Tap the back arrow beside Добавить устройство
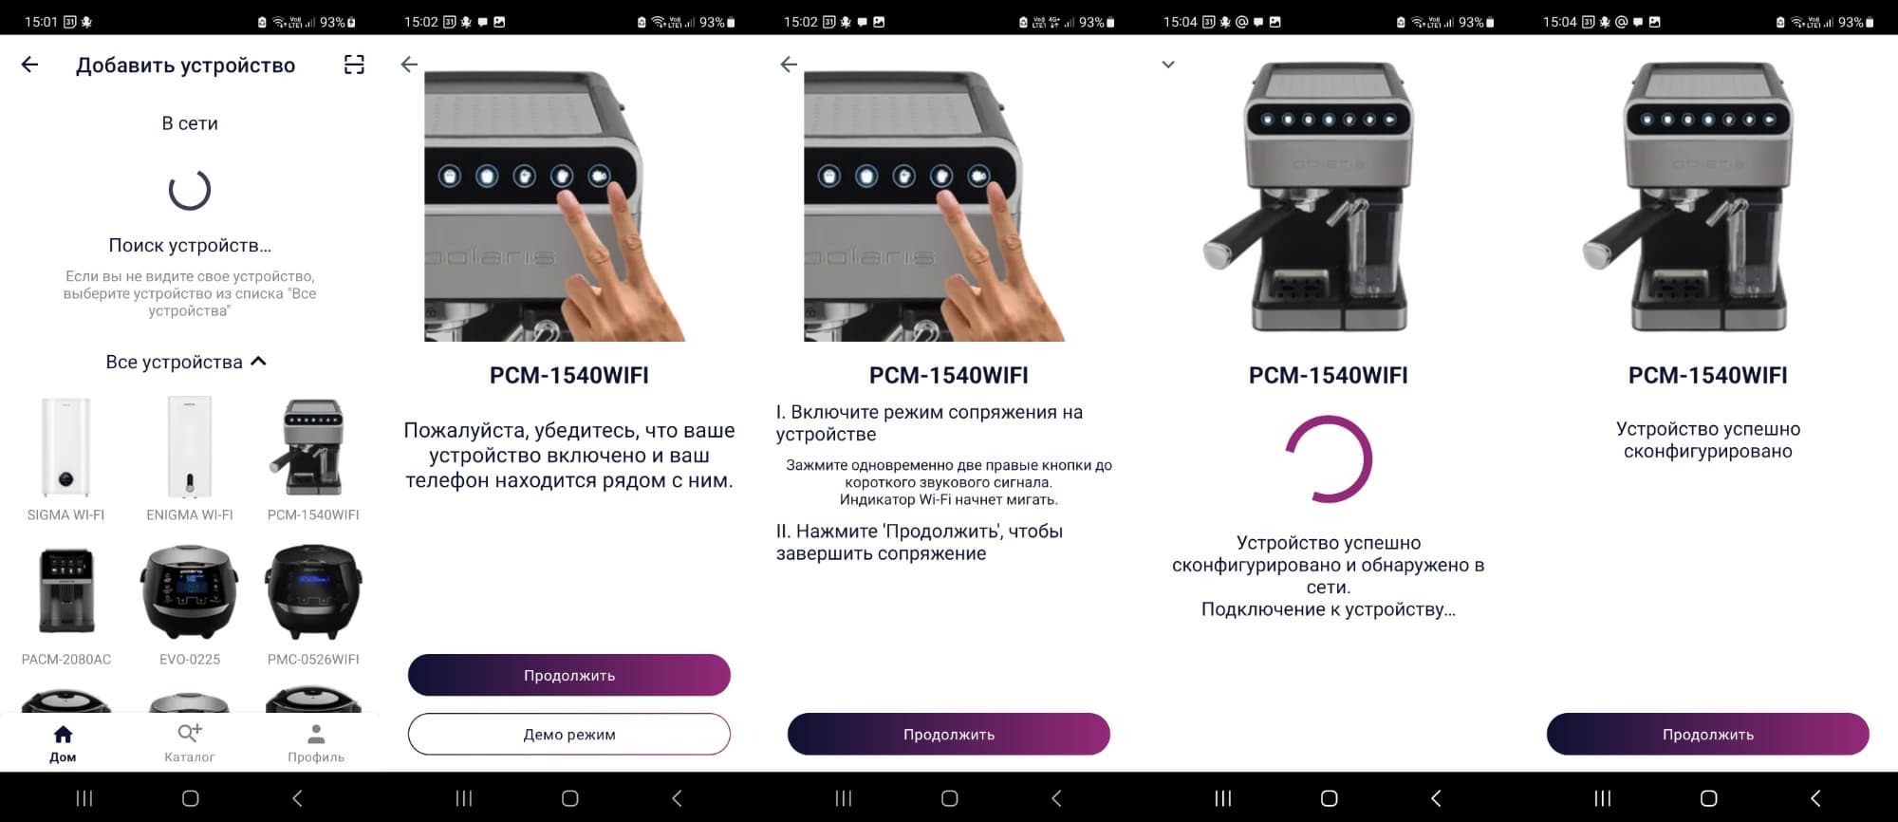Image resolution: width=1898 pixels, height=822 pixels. point(30,65)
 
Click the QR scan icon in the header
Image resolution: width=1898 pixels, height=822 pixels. point(354,65)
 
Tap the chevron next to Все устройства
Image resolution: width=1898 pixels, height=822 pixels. point(258,362)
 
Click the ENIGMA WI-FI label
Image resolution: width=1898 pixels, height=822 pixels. point(190,515)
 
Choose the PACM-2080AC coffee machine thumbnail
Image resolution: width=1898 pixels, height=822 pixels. point(66,590)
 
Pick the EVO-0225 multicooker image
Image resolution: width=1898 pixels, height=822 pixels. point(190,591)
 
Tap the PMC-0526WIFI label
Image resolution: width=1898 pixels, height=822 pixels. point(313,660)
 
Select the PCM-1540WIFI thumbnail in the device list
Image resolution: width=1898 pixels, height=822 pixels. point(313,447)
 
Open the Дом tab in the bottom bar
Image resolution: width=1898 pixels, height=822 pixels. point(63,743)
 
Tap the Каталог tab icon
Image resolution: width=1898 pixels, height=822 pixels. point(190,733)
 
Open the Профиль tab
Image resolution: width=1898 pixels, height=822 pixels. point(316,743)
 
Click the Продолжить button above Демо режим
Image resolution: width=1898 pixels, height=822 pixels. point(569,675)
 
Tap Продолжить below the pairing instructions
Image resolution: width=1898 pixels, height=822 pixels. point(949,734)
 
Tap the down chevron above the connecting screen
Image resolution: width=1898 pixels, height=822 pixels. point(1168,65)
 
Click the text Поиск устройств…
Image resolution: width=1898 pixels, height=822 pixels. point(190,246)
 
